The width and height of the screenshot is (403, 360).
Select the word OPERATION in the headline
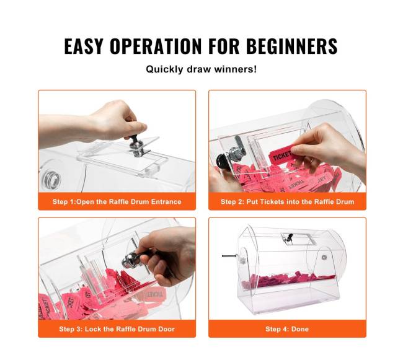[156, 46]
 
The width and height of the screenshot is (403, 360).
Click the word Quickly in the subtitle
[164, 69]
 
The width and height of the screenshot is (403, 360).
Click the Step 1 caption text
[117, 201]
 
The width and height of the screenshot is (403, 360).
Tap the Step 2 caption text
[287, 201]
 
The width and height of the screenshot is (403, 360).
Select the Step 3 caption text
[117, 329]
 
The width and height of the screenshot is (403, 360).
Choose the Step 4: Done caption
[287, 329]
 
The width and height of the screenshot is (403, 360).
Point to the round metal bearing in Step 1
[51, 179]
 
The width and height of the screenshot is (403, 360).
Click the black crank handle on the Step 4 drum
[229, 256]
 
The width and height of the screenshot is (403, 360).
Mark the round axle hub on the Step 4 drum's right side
[324, 257]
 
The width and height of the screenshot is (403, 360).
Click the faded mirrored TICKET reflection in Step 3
[156, 294]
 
